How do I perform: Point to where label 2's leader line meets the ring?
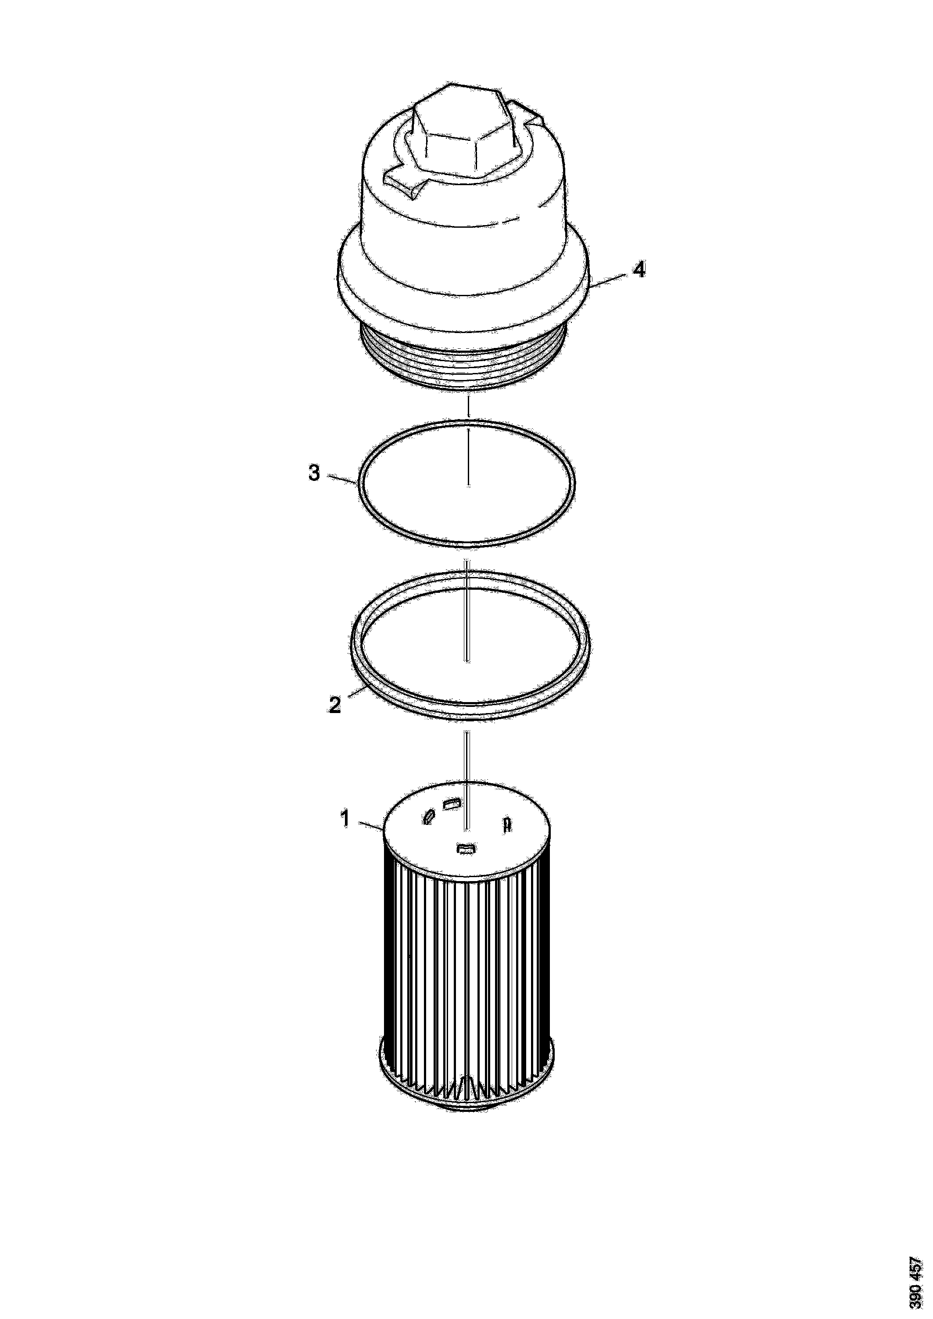coord(368,686)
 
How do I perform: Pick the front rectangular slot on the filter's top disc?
coord(465,849)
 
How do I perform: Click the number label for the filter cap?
coord(639,269)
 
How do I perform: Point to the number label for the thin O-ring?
coord(314,473)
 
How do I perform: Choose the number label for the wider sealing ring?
coord(335,704)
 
